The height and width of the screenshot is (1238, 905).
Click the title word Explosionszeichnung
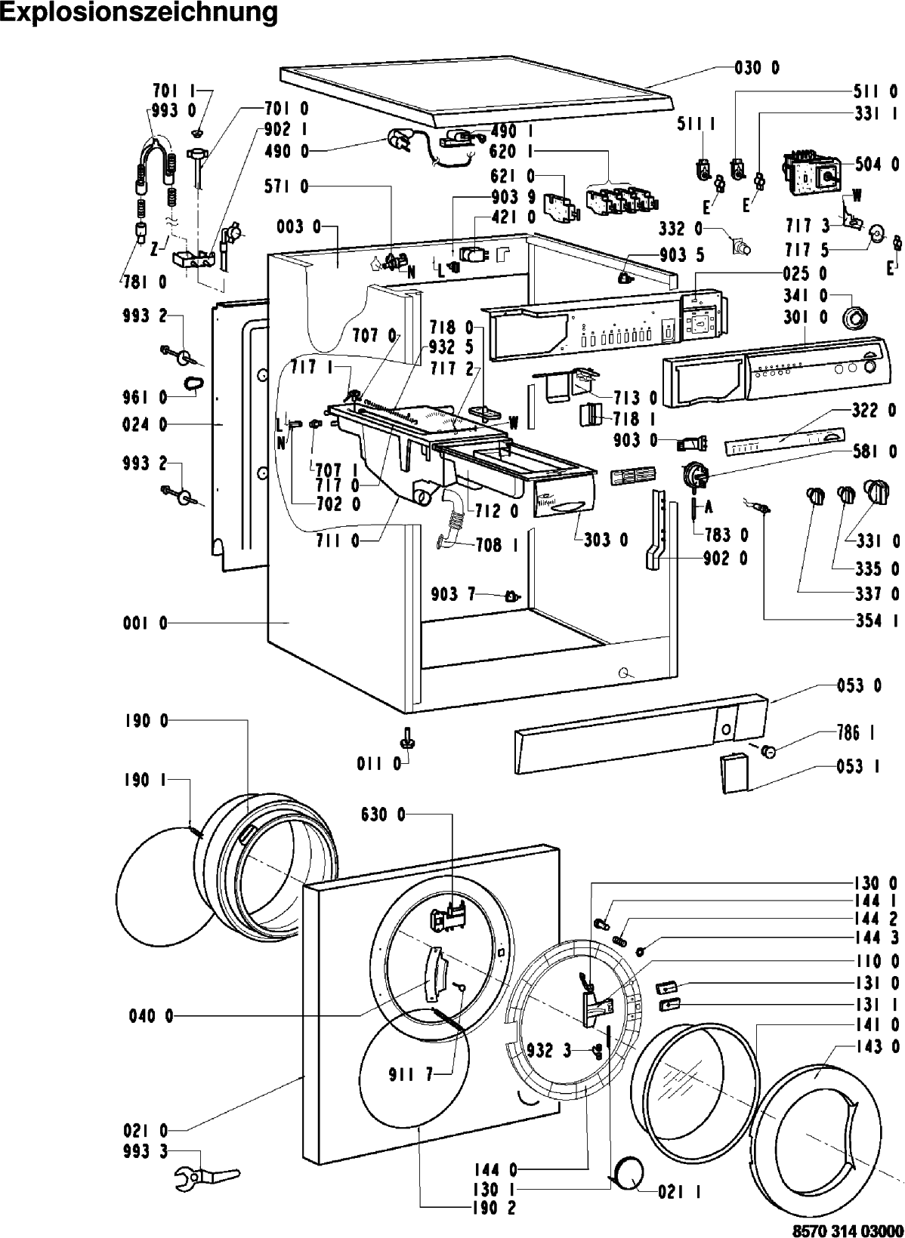click(x=139, y=14)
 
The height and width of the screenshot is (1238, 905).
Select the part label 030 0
click(x=757, y=69)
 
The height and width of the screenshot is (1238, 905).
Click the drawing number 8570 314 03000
click(x=848, y=1230)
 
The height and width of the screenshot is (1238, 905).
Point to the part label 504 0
click(x=877, y=164)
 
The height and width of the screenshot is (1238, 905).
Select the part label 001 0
click(x=145, y=624)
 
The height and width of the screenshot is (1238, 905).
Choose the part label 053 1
click(x=857, y=766)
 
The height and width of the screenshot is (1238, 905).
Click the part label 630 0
click(x=383, y=814)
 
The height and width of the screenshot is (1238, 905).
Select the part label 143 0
click(x=877, y=1046)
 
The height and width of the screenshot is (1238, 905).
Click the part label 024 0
click(x=145, y=424)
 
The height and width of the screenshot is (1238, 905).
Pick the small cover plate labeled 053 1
click(x=734, y=775)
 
